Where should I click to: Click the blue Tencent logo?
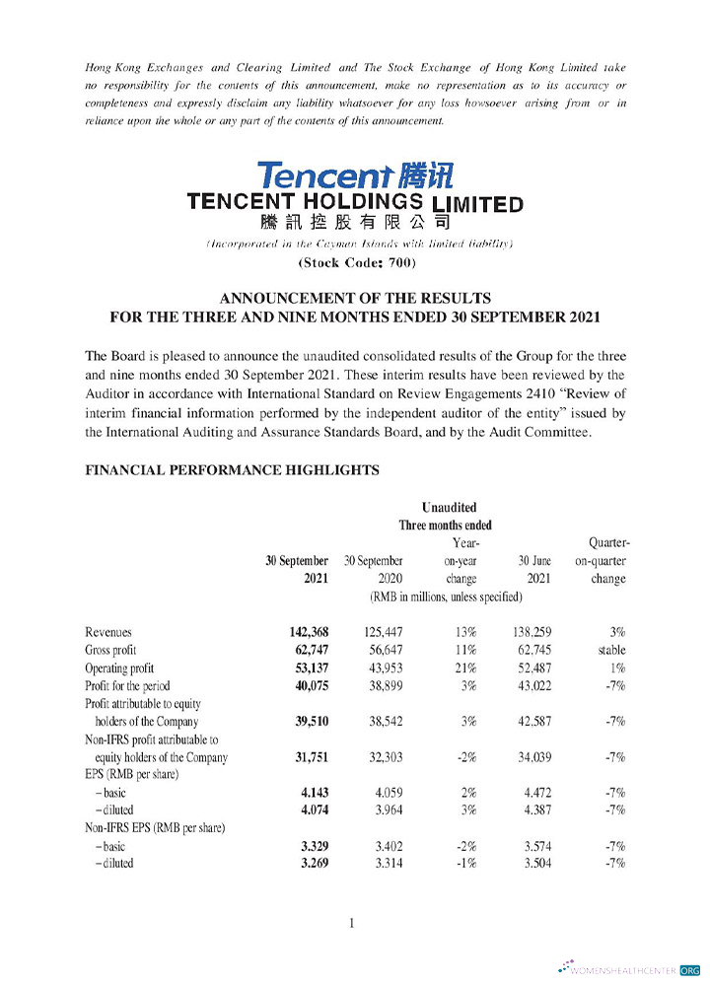pyautogui.click(x=355, y=176)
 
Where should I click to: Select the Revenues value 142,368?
pyautogui.click(x=302, y=632)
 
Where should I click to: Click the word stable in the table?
pyautogui.click(x=611, y=651)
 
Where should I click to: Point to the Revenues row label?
pyautogui.click(x=108, y=632)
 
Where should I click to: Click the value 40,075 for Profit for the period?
pyautogui.click(x=305, y=686)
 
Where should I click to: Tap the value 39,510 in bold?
pyautogui.click(x=305, y=722)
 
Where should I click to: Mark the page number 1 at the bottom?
pyautogui.click(x=352, y=923)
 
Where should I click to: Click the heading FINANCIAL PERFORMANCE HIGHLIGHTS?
pyautogui.click(x=233, y=470)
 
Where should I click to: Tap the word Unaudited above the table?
pyautogui.click(x=449, y=508)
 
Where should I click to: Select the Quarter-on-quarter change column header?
pyautogui.click(x=607, y=561)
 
